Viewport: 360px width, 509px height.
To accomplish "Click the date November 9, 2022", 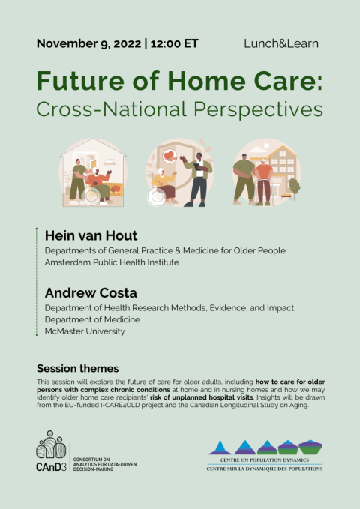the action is tap(88, 43).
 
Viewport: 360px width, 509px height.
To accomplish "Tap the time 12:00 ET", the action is tap(174, 43).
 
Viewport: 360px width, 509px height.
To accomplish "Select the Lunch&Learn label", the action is tap(281, 43).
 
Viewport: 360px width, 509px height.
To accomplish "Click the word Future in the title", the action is tap(80, 81).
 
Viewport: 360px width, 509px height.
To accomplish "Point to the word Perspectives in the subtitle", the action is tap(258, 109).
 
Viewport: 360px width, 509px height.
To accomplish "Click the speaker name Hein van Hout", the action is tap(91, 235).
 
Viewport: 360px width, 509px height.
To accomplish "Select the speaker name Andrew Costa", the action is tap(91, 293).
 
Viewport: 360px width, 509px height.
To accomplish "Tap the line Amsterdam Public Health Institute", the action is tap(112, 262).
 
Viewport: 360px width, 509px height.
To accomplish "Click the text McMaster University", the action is tap(85, 331).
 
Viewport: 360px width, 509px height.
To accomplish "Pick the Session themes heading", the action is tap(78, 368).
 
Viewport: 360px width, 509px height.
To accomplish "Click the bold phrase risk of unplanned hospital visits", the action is tap(202, 397).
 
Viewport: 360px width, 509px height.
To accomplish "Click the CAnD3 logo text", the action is tap(51, 466).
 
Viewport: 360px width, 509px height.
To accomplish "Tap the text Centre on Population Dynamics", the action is tap(265, 460).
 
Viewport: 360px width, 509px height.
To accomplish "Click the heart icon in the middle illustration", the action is tap(169, 156).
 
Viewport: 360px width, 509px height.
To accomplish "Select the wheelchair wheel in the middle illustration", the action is tap(157, 197).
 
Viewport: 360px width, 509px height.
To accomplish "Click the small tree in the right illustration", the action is tap(294, 187).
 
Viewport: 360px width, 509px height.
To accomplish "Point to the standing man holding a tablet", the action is tap(197, 179).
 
